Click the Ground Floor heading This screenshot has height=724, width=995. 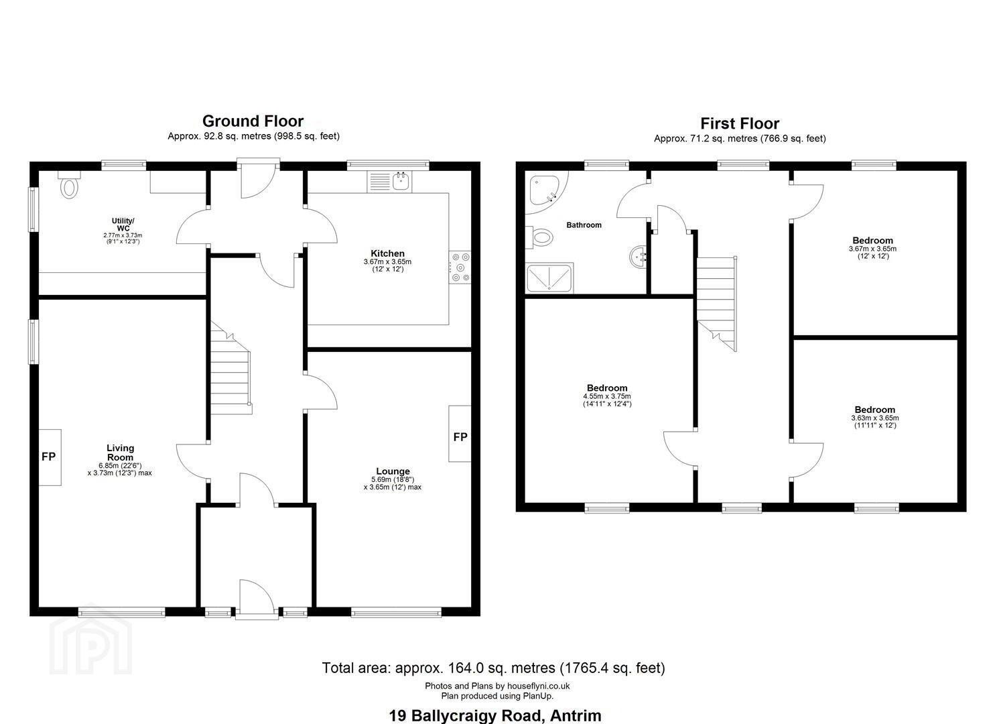click(253, 121)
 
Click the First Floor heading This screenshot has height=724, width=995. click(740, 123)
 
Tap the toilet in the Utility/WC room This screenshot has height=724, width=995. click(69, 184)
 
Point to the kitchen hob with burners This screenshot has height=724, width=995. click(460, 267)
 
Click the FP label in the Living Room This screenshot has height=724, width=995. click(48, 457)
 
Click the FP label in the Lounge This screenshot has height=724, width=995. click(460, 437)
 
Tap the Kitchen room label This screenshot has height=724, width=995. click(387, 253)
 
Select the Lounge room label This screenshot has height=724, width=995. click(393, 471)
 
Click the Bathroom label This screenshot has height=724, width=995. click(584, 225)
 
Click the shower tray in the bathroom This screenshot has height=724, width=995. click(549, 278)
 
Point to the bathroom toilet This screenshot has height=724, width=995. click(539, 237)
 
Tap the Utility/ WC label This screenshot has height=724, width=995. click(123, 225)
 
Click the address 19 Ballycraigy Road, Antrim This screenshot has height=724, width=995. click(495, 715)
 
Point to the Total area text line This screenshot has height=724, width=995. click(493, 668)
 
